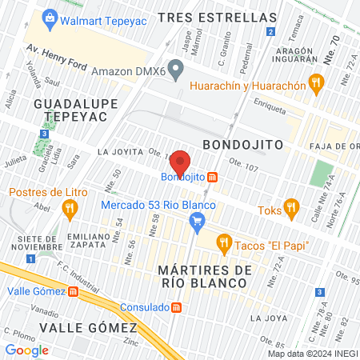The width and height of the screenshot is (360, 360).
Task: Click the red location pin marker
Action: (x=181, y=162)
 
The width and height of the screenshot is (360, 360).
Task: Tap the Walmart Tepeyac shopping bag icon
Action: (x=50, y=17)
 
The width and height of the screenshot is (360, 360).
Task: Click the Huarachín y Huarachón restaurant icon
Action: (x=318, y=82)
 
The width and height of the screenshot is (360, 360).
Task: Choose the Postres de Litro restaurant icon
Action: (x=70, y=209)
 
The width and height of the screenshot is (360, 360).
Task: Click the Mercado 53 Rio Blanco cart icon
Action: (x=197, y=227)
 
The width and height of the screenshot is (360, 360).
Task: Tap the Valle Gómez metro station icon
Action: (x=73, y=292)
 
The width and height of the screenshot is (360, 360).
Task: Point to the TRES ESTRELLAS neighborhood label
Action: (x=217, y=18)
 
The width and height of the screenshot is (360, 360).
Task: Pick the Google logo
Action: (x=26, y=350)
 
